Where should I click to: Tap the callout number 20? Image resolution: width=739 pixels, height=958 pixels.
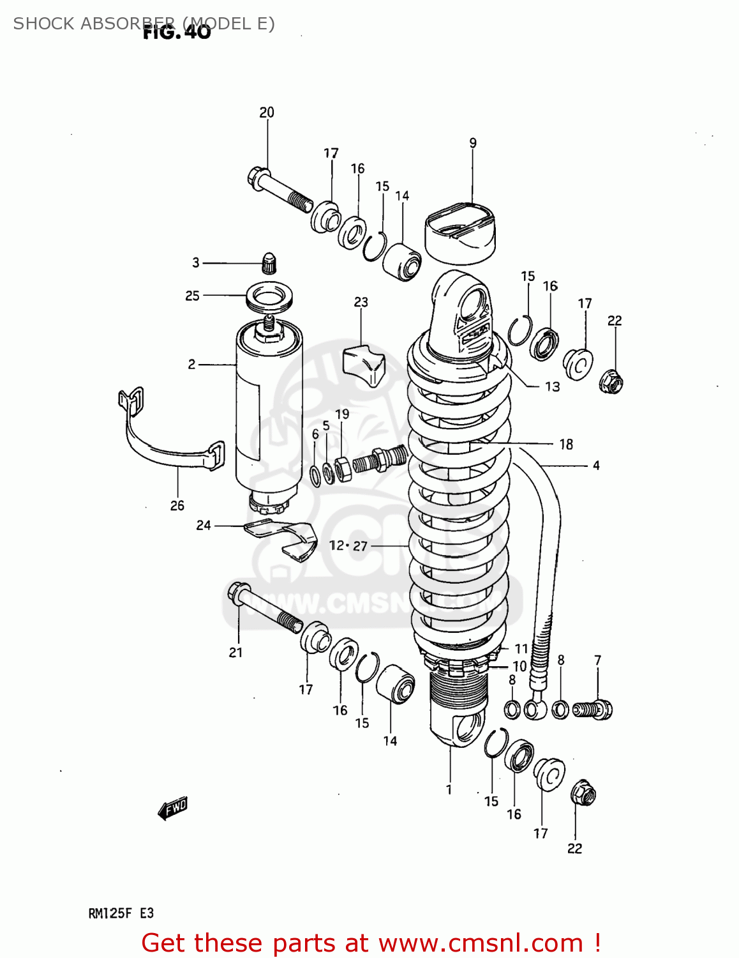tap(267, 112)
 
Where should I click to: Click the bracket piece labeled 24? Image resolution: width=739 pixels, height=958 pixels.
tap(284, 538)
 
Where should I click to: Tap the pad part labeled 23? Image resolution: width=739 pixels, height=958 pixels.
tap(364, 365)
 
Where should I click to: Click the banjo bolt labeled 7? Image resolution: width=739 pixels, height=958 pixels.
tap(593, 710)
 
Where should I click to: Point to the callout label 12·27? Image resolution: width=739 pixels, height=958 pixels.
tap(348, 545)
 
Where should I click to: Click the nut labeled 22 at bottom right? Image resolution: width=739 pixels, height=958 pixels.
tap(583, 794)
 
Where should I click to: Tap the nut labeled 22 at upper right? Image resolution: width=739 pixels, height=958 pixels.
tap(611, 382)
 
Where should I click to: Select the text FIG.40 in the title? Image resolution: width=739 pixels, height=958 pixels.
tap(177, 32)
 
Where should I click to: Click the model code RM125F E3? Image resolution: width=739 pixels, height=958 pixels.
tap(121, 913)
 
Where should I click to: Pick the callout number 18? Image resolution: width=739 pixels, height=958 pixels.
tap(566, 445)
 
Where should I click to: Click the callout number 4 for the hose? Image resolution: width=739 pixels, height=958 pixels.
tap(596, 466)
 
